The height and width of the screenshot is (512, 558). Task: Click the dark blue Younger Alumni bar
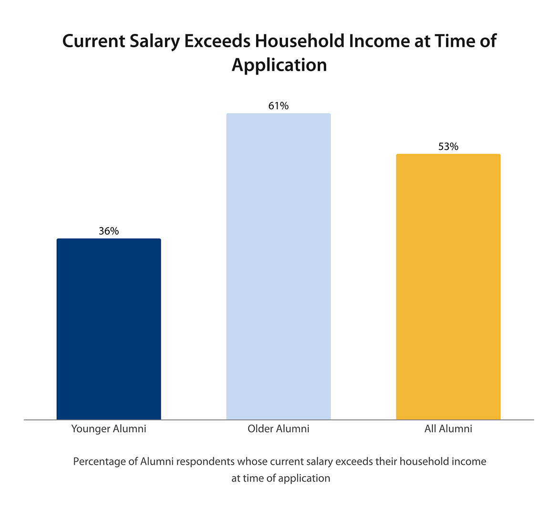coord(109,329)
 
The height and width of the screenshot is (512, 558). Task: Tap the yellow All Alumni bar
coord(448,287)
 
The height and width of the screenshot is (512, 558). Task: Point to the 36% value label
coord(109,231)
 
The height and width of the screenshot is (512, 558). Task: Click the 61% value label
coord(279,106)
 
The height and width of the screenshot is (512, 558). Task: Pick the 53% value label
coord(448,146)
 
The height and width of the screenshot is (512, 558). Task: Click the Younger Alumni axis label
coord(109,429)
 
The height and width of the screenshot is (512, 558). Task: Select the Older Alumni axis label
coord(279,429)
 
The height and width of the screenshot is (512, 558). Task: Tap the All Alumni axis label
coord(448,429)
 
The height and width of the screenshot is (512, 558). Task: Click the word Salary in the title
coord(155,42)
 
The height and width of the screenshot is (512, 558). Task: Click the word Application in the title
coord(279,65)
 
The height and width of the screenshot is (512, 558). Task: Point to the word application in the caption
coord(304,478)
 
